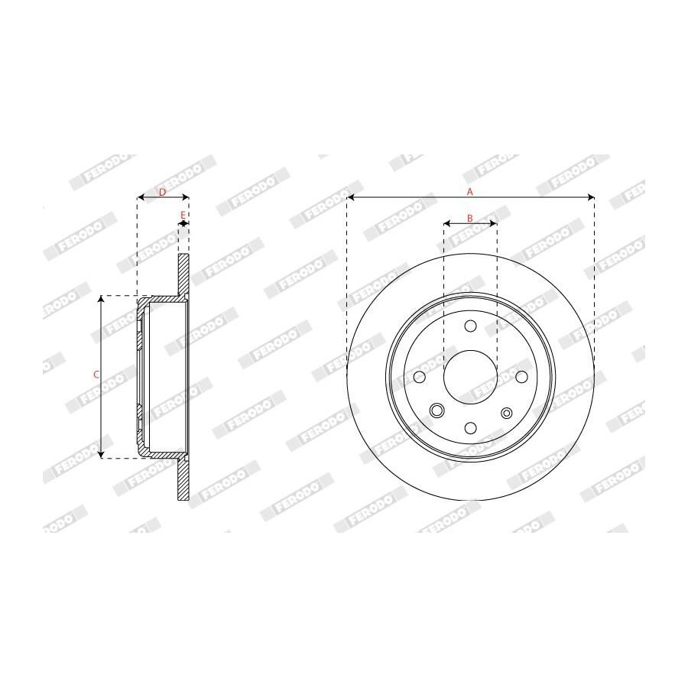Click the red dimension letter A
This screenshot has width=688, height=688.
(x=470, y=192)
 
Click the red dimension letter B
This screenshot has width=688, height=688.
(x=469, y=218)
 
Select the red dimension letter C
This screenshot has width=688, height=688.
(x=96, y=375)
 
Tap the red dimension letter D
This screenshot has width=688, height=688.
(x=162, y=192)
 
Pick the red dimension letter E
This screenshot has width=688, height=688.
(x=183, y=215)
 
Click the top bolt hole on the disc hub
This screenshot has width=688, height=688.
(x=470, y=326)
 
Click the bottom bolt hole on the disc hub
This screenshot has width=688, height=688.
(x=470, y=428)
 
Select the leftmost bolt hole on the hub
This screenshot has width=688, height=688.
(x=420, y=376)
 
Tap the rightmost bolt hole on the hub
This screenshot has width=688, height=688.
(x=521, y=376)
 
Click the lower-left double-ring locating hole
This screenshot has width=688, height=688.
(x=436, y=411)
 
